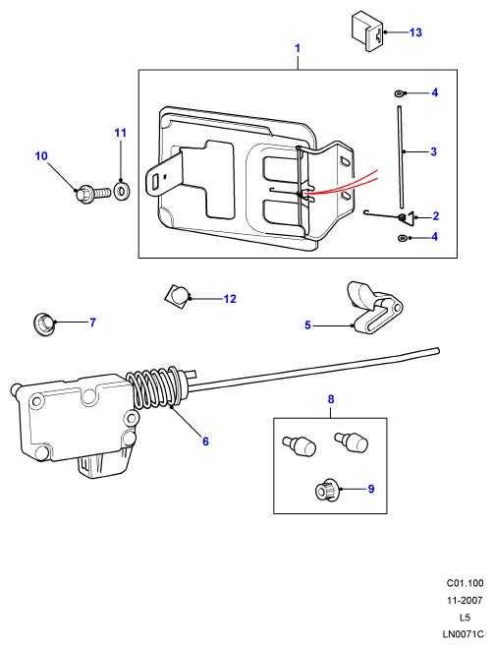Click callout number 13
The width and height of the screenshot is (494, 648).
tap(415, 32)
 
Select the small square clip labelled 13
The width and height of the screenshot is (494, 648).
tap(368, 31)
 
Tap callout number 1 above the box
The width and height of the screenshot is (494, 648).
tap(298, 48)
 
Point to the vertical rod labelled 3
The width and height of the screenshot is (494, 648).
tap(401, 156)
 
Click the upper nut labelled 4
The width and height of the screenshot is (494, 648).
tap(399, 93)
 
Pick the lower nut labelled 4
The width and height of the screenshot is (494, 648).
tap(401, 238)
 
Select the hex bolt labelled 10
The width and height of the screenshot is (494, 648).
tap(93, 194)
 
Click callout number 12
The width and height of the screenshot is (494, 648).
tap(230, 299)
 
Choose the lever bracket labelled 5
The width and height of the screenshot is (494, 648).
tap(373, 309)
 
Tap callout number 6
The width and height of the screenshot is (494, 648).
tap(205, 442)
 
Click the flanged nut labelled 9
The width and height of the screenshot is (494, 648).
tap(327, 490)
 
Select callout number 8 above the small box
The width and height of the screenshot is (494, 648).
tap(331, 399)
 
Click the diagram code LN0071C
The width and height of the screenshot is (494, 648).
tap(463, 634)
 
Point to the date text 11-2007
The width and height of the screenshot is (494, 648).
tap(465, 600)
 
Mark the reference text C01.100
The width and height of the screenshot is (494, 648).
tap(465, 583)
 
